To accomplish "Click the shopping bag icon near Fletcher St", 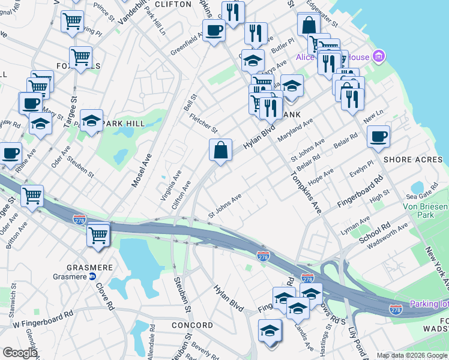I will click(221, 149).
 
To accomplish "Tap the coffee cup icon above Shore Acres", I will click(378, 136).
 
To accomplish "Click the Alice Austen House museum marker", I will click(379, 57).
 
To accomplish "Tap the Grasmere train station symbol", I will click(92, 277).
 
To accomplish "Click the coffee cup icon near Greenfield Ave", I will click(214, 30).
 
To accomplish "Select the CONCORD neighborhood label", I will click(192, 325).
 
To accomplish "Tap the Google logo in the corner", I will click(20, 353).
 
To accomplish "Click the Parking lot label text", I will click(429, 304).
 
